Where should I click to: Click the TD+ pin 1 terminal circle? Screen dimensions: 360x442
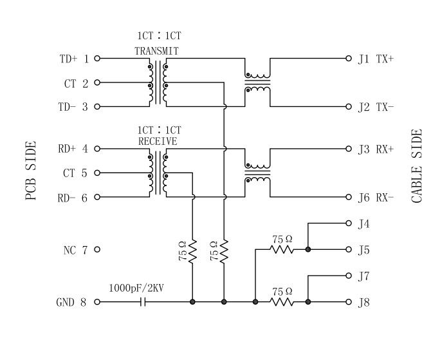[97, 58]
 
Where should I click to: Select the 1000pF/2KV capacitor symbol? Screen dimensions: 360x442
[143, 301]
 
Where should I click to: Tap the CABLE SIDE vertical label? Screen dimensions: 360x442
[417, 166]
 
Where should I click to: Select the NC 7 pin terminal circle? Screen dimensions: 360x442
[97, 249]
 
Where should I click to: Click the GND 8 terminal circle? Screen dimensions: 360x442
[97, 301]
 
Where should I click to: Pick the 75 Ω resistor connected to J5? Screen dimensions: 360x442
[281, 249]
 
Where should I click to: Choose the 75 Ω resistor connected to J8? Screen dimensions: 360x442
[281, 301]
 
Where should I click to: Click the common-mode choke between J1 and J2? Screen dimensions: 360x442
[257, 82]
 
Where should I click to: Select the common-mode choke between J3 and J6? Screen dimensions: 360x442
[257, 173]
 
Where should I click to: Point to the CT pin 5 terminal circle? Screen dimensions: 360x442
[97, 173]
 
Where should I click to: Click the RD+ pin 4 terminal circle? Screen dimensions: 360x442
[97, 149]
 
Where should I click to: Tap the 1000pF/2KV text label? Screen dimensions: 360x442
[136, 288]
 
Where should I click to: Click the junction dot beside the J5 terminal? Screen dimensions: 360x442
[308, 249]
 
